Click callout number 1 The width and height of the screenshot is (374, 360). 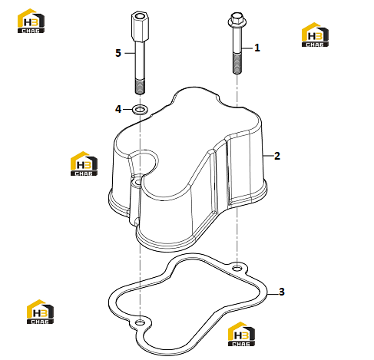point(257,48)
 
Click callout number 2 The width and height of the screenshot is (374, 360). point(277,156)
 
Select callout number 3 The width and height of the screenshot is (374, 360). point(282,292)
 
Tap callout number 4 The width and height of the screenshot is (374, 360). point(118,109)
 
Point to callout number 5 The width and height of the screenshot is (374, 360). point(118,53)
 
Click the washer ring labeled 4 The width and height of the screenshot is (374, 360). point(140,110)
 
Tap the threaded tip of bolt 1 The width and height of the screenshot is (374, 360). point(237,63)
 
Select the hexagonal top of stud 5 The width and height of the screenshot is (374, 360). point(140,26)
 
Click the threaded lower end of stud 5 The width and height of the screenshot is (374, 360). point(140,87)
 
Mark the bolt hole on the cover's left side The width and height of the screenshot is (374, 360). point(137,183)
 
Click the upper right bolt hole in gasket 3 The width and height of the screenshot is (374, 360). point(237,268)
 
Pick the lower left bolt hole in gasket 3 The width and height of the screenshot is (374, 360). point(140,322)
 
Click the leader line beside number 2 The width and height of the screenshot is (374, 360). point(268,156)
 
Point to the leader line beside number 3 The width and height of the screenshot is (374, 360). point(273,294)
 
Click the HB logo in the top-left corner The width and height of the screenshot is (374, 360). point(31,21)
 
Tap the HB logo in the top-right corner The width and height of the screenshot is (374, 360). point(315,35)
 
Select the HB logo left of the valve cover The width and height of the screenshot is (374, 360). point(84,163)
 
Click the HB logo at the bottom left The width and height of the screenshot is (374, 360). point(40,312)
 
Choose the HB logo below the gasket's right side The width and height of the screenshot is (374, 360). point(241,334)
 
